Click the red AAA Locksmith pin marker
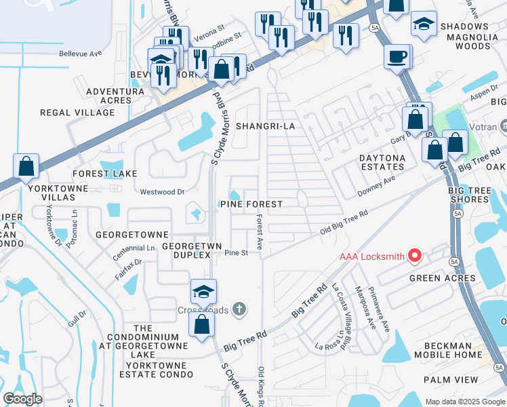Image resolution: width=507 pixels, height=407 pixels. (x=415, y=256)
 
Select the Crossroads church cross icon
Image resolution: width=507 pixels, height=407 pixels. (x=238, y=309)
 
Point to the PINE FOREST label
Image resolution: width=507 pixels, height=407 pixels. (x=250, y=204)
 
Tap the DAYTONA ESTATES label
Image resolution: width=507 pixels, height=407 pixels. (x=382, y=163)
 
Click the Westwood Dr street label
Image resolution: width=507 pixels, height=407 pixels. (x=162, y=192)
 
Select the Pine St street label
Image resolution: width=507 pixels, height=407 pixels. (x=237, y=253)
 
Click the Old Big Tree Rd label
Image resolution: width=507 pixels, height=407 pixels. (x=344, y=223)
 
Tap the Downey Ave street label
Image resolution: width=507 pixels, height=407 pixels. (x=376, y=186)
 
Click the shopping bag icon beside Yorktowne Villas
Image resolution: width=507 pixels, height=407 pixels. (x=26, y=166)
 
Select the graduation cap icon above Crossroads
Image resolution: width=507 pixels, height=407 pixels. (x=203, y=291)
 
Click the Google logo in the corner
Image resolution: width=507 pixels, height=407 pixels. (x=22, y=399)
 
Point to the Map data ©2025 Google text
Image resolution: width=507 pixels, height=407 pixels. (x=464, y=402)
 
